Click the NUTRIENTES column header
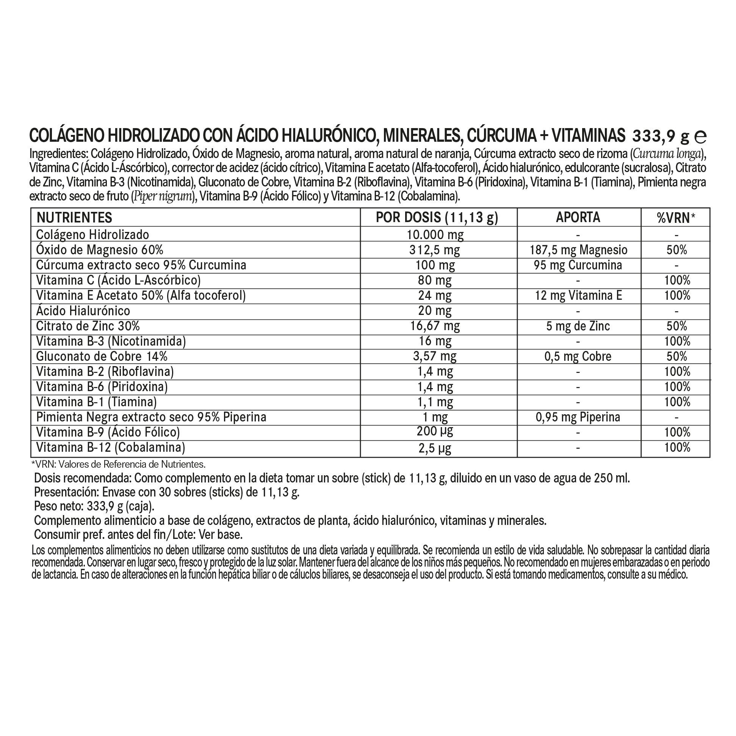pyautogui.click(x=74, y=218)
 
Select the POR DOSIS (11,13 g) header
pyautogui.click(x=437, y=218)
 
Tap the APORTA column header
pyautogui.click(x=578, y=217)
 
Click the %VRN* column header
pyautogui.click(x=676, y=218)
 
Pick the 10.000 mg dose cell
pyautogui.click(x=435, y=235)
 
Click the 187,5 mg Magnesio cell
pyautogui.click(x=578, y=250)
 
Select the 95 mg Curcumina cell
pyautogui.click(x=578, y=265)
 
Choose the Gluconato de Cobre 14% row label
pyautogui.click(x=102, y=357)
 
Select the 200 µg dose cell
pyautogui.click(x=435, y=432)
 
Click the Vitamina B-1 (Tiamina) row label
pyautogui.click(x=96, y=402)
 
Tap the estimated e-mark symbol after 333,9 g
pyautogui.click(x=701, y=136)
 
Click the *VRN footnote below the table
pyautogui.click(x=118, y=464)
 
